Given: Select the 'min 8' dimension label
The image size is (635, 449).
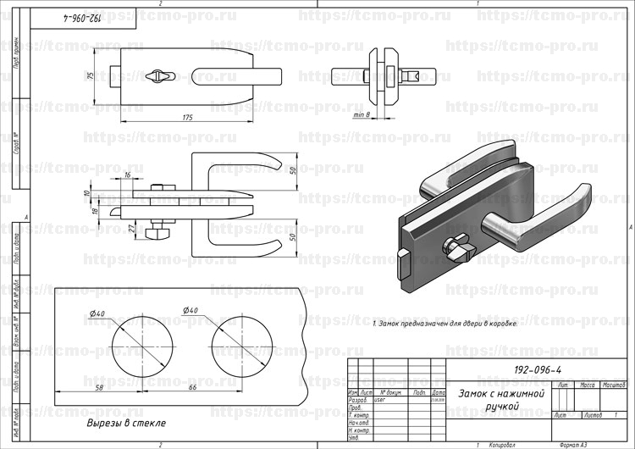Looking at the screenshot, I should pyautogui.click(x=363, y=114).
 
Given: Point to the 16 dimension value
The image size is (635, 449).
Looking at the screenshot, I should pyautogui.click(x=127, y=175).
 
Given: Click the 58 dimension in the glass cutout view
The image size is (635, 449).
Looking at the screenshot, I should pyautogui.click(x=99, y=387).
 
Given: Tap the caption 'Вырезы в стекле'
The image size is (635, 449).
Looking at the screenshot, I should pyautogui.click(x=126, y=423).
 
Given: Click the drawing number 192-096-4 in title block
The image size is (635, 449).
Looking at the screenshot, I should pyautogui.click(x=538, y=370).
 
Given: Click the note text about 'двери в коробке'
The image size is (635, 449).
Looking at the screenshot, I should pyautogui.click(x=444, y=324).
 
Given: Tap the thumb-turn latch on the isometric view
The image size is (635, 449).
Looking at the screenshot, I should pyautogui.click(x=460, y=247).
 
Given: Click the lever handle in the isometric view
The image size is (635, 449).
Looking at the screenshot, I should pyautogui.click(x=542, y=212).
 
